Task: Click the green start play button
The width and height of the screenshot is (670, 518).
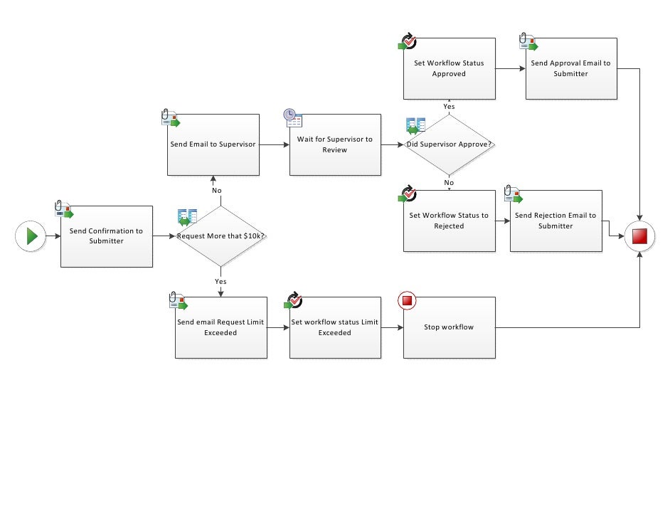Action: (x=31, y=236)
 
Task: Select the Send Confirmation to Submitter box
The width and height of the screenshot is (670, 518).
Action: (x=107, y=236)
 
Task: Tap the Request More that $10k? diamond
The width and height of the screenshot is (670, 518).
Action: (x=220, y=236)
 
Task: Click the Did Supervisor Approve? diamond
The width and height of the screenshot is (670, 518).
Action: (x=450, y=144)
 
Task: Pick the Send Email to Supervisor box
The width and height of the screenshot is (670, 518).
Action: (x=213, y=144)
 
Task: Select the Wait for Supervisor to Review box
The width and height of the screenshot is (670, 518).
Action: (x=335, y=144)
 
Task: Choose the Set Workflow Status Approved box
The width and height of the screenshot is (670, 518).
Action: (x=449, y=68)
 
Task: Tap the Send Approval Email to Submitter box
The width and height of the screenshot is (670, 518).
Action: (x=571, y=68)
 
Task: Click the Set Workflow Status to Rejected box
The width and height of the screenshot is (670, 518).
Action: (x=449, y=221)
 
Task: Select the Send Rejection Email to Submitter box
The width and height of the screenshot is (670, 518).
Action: (x=555, y=221)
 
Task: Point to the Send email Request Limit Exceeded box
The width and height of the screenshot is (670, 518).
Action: (x=220, y=327)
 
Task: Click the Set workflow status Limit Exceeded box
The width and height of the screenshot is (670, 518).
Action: (x=335, y=327)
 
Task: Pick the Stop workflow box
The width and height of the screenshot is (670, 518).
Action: (x=449, y=327)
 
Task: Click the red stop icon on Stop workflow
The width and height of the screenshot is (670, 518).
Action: (x=407, y=301)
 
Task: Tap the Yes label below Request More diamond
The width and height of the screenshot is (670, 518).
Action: (x=220, y=282)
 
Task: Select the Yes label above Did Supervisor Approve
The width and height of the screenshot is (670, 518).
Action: (x=450, y=106)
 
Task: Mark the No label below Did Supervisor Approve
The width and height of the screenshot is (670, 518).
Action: (x=450, y=183)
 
